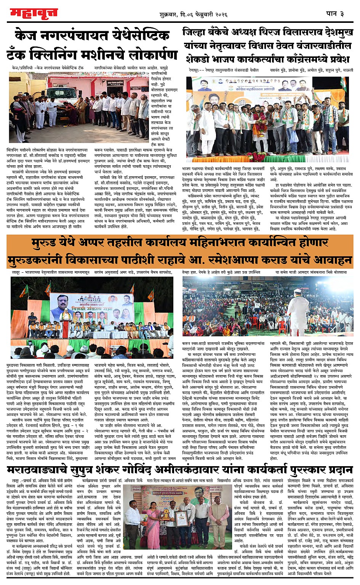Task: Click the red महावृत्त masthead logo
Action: click(x=34, y=13)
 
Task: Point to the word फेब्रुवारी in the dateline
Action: click(x=206, y=14)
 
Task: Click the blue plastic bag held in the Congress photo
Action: click(x=294, y=136)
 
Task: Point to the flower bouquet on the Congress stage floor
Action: click(x=259, y=157)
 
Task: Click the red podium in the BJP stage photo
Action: click(x=65, y=327)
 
